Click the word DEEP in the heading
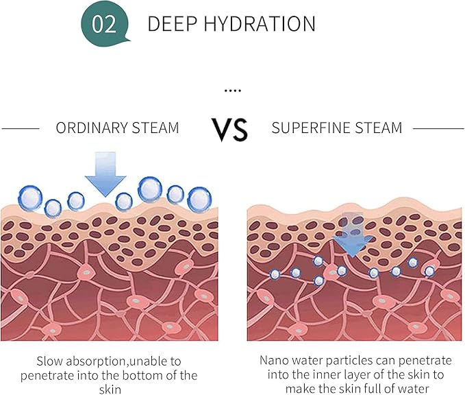pyautogui.click(x=173, y=24)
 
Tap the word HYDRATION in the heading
pyautogui.click(x=260, y=24)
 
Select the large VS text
pyautogui.click(x=229, y=130)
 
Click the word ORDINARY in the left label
pyautogui.click(x=92, y=128)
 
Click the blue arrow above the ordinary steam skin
pyautogui.click(x=105, y=174)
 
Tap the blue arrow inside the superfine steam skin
pyautogui.click(x=353, y=235)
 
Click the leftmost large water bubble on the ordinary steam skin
pyautogui.click(x=30, y=198)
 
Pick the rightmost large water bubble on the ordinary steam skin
pyautogui.click(x=199, y=200)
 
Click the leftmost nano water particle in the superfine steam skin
pyautogui.click(x=275, y=274)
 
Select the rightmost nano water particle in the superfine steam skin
pyautogui.click(x=429, y=271)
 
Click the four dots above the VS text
pyautogui.click(x=233, y=91)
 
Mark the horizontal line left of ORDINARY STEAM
pyautogui.click(x=21, y=129)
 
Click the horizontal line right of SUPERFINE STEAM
pyautogui.click(x=438, y=129)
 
